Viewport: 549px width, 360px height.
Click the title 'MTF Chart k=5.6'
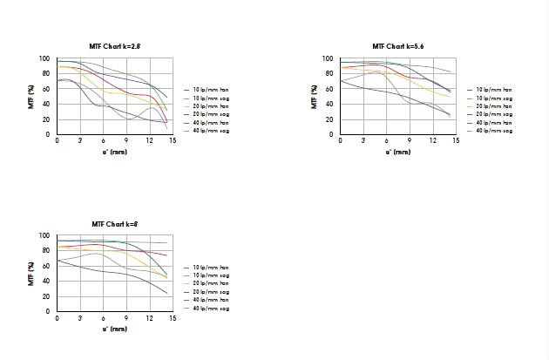click(x=398, y=45)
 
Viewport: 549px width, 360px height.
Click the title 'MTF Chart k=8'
click(x=115, y=224)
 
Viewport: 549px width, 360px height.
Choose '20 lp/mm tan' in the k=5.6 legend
click(x=492, y=106)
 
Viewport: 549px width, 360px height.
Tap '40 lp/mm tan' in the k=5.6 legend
click(x=492, y=123)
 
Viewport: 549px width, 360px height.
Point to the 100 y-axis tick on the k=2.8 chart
click(x=44, y=58)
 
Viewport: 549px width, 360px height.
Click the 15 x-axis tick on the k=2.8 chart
click(x=173, y=140)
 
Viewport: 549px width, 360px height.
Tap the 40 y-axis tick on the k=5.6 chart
click(x=329, y=104)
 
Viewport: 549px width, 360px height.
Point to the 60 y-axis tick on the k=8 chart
click(x=46, y=266)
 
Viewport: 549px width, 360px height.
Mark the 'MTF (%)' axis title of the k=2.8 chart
click(x=31, y=96)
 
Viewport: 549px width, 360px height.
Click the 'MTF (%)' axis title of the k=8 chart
click(x=31, y=273)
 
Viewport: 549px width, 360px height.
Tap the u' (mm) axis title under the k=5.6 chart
click(x=397, y=152)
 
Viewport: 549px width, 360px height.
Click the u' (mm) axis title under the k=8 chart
click(x=115, y=329)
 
